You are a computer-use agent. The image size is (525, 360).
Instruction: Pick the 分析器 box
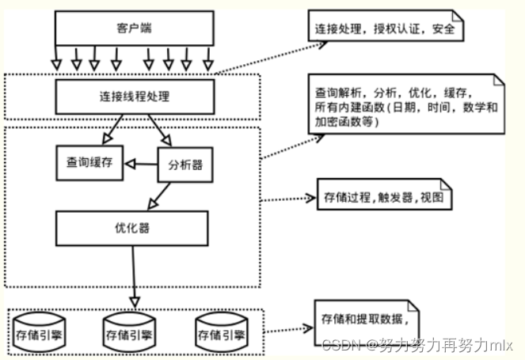(187, 165)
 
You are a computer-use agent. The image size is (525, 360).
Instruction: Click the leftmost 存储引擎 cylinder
(40, 333)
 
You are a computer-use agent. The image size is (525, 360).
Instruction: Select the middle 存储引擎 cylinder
(130, 333)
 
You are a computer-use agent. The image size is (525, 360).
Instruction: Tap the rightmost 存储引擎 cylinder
(221, 333)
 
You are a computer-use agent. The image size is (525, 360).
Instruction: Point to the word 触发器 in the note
(394, 199)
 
